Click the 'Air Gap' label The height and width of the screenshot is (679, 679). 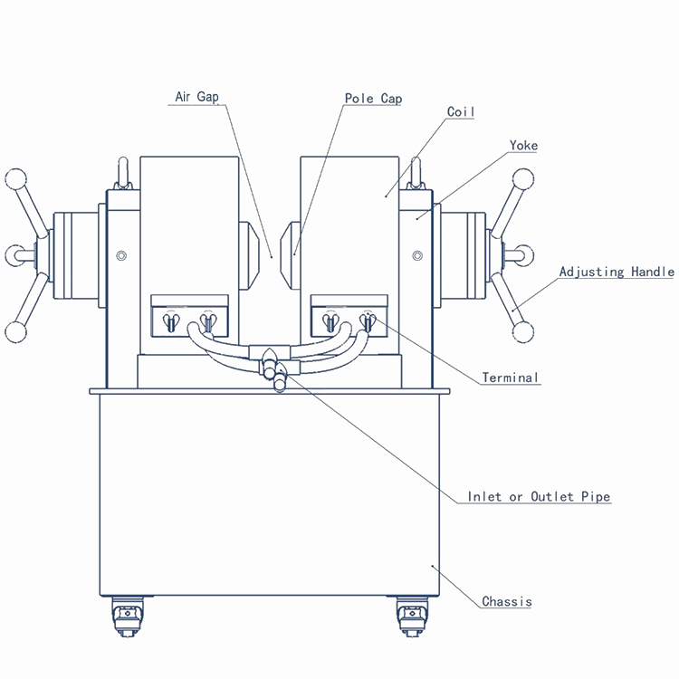[196, 97]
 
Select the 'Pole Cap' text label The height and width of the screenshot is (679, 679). [373, 98]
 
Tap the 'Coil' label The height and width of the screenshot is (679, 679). [461, 112]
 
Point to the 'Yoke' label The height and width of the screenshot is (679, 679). [522, 145]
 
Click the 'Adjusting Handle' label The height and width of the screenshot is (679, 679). [616, 272]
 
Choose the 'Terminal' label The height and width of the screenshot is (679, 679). [510, 378]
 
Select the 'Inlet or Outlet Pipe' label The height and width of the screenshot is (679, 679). [539, 497]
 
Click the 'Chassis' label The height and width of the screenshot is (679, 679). [506, 602]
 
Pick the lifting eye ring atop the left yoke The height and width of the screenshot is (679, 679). [123, 171]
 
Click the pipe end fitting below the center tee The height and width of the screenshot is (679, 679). [279, 384]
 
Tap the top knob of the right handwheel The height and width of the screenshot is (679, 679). [523, 177]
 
